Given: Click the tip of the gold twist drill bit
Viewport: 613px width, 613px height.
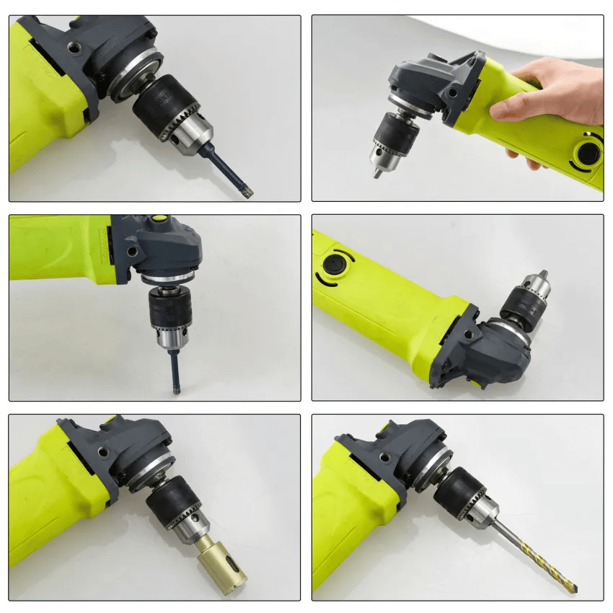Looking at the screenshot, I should pyautogui.click(x=575, y=591).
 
